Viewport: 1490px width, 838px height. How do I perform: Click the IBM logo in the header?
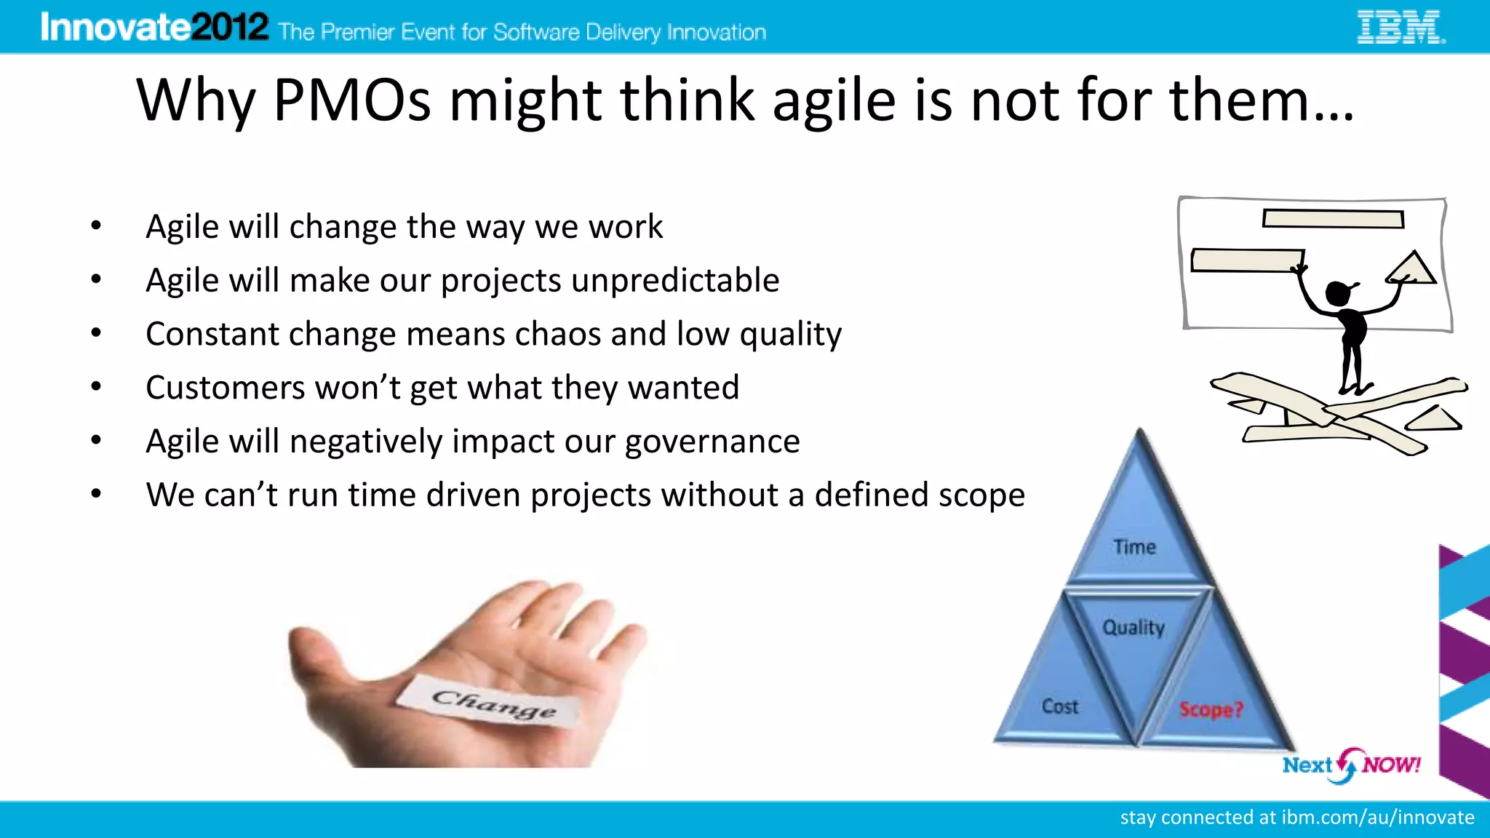tap(1401, 28)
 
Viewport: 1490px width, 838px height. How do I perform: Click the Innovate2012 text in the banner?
tap(154, 28)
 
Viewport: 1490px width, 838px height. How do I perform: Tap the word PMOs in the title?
tap(352, 100)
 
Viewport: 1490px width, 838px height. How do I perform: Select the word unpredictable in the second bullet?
tap(675, 280)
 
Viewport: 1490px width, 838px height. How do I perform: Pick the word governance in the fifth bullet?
tap(712, 441)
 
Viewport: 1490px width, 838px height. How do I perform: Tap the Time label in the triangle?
tap(1134, 547)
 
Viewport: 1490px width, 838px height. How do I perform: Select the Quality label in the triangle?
tap(1134, 627)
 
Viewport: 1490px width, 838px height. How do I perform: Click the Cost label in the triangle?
tap(1060, 706)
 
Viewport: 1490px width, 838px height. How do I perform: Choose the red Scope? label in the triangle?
tap(1211, 709)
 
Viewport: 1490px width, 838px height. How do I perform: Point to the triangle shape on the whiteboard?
tap(1411, 269)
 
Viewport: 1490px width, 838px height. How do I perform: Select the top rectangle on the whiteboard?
tap(1333, 218)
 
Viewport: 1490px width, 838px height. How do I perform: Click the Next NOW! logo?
tap(1351, 765)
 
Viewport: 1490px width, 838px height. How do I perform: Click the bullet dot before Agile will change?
tap(96, 226)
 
